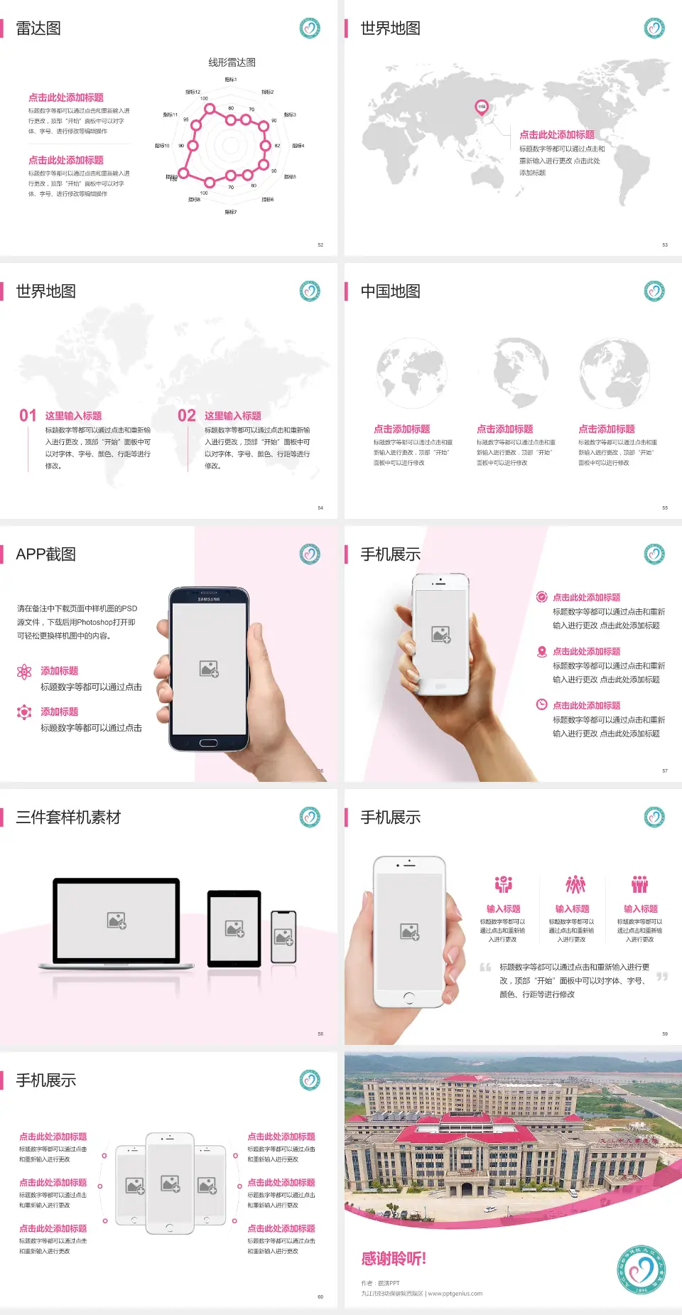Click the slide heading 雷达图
pyautogui.click(x=38, y=28)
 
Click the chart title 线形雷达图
pyautogui.click(x=232, y=63)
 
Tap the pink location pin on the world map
pyautogui.click(x=481, y=107)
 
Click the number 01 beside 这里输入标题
pyautogui.click(x=28, y=415)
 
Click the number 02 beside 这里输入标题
pyautogui.click(x=187, y=415)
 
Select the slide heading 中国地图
pyautogui.click(x=390, y=291)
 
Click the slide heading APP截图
pyautogui.click(x=46, y=554)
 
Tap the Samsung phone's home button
pyautogui.click(x=208, y=743)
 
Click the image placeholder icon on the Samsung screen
pyautogui.click(x=209, y=669)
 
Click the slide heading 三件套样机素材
pyautogui.click(x=68, y=817)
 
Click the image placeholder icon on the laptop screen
pyautogui.click(x=117, y=920)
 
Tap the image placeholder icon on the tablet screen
pyautogui.click(x=234, y=928)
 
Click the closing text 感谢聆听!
pyautogui.click(x=394, y=1259)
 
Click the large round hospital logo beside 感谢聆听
pyautogui.click(x=642, y=1269)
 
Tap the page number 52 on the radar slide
pyautogui.click(x=320, y=245)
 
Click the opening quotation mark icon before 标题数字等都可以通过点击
pyautogui.click(x=485, y=967)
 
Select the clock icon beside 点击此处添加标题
pyautogui.click(x=541, y=704)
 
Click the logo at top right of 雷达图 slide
pyautogui.click(x=310, y=28)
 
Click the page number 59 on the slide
pyautogui.click(x=665, y=1034)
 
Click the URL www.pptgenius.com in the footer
pyautogui.click(x=455, y=1294)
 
